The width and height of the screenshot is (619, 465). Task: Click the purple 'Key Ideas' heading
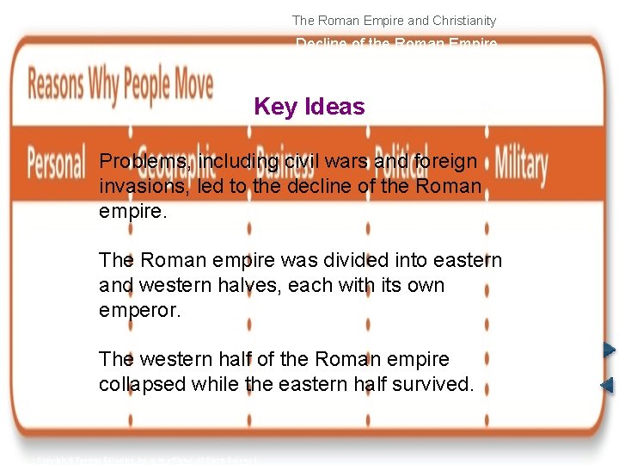[309, 107]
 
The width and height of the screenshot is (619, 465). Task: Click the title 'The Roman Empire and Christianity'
[394, 20]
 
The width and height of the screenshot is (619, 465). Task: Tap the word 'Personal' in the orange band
[56, 162]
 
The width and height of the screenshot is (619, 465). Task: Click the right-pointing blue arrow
[608, 350]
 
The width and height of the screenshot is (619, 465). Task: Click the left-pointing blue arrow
[607, 385]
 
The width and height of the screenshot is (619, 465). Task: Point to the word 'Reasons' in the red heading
[58, 86]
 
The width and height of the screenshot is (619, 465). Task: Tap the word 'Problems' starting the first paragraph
[145, 162]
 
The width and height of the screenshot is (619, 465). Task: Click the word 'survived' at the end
[436, 384]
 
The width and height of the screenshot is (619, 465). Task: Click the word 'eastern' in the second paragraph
[465, 260]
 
